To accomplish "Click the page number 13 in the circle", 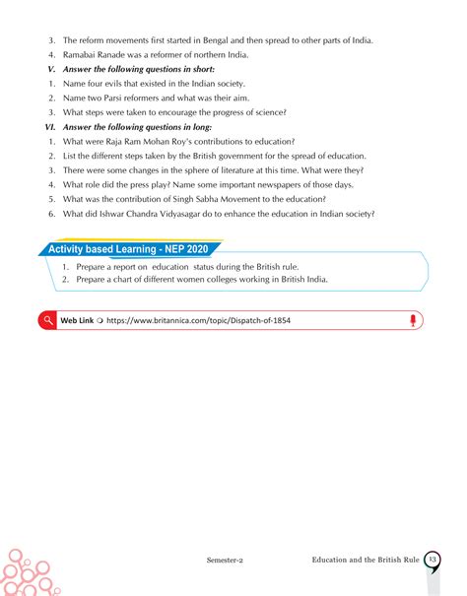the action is (433, 559).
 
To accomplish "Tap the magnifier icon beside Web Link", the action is (46, 320).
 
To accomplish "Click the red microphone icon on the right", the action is (414, 320).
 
